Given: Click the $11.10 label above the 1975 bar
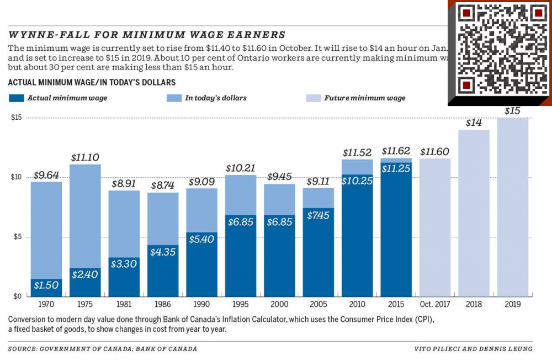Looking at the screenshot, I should click(x=86, y=157).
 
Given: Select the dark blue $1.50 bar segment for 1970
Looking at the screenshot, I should click(x=46, y=287).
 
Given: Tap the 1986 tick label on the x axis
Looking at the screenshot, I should click(x=163, y=304).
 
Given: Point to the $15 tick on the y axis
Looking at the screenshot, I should click(x=17, y=118).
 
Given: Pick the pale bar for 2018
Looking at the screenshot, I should click(x=474, y=213).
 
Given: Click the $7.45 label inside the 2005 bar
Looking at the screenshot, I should click(x=319, y=215).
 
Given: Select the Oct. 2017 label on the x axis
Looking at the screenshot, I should click(x=434, y=304).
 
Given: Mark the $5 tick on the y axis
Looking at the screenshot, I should click(x=17, y=237).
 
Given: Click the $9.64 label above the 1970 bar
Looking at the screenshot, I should click(x=46, y=174).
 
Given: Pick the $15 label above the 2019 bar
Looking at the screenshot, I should click(x=512, y=111).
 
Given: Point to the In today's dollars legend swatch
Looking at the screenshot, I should click(x=173, y=98).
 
